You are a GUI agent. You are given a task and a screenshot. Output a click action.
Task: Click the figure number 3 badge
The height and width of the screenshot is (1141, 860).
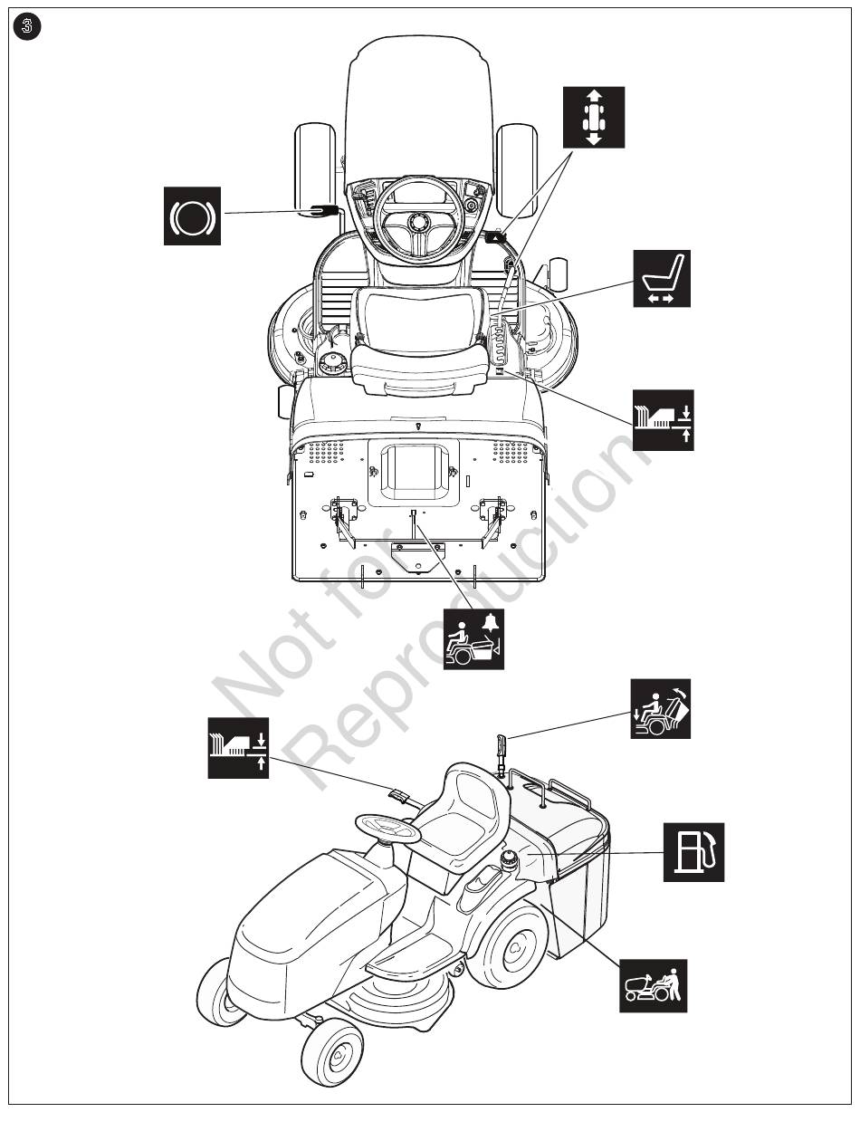(x=26, y=26)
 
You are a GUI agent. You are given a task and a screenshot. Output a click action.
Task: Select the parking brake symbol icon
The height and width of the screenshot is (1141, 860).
(x=192, y=216)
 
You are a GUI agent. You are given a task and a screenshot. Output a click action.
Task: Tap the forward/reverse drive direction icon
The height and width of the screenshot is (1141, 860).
(x=594, y=118)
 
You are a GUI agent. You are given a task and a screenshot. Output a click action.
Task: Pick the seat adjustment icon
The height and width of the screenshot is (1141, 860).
(x=662, y=278)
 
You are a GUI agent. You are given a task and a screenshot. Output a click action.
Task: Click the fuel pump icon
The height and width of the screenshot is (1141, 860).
(x=693, y=852)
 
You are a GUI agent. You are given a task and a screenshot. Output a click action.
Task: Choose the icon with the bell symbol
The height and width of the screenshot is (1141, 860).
(x=473, y=638)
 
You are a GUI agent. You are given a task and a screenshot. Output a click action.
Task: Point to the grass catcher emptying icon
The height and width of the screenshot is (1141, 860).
(x=661, y=708)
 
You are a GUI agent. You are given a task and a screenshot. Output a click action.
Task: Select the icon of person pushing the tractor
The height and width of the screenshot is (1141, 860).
(x=654, y=986)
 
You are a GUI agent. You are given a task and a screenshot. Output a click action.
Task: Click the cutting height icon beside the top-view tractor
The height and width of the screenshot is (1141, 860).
(x=663, y=420)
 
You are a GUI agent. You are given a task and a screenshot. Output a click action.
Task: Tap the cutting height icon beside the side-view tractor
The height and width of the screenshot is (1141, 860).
(x=238, y=748)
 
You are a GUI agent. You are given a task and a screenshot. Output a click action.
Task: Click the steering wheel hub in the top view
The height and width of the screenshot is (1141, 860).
(x=416, y=222)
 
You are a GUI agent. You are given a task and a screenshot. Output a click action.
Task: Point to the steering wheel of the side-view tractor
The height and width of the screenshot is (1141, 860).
(x=387, y=828)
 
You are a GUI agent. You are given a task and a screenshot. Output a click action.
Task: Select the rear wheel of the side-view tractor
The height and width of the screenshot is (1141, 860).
(x=513, y=947)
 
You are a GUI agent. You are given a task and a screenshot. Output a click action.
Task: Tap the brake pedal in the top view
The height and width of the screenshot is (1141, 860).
(x=324, y=210)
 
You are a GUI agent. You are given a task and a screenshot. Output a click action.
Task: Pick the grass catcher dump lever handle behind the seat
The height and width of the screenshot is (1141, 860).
(x=502, y=746)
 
